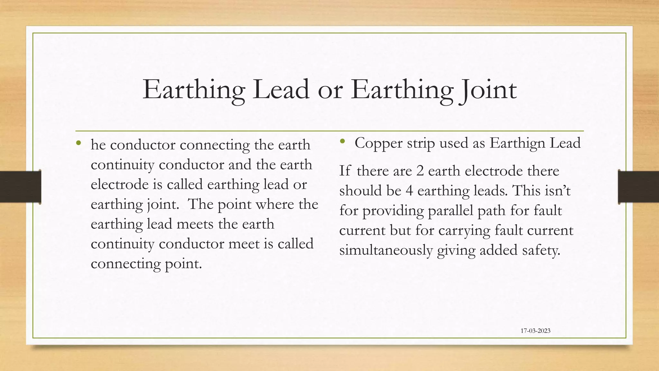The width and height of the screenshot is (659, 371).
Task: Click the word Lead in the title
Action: pos(281,90)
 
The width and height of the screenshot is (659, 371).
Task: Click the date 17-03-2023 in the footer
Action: pos(535,331)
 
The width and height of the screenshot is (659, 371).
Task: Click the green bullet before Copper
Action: pos(342,141)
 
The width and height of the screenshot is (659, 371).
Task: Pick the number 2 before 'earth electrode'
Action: pos(420,171)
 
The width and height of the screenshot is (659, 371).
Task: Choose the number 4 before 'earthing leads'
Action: pos(409,191)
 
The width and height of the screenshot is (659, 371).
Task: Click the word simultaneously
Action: pos(386,250)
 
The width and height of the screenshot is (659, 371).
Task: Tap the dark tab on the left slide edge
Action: pos(20,187)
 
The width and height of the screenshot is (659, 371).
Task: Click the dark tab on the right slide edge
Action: pos(638,187)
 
